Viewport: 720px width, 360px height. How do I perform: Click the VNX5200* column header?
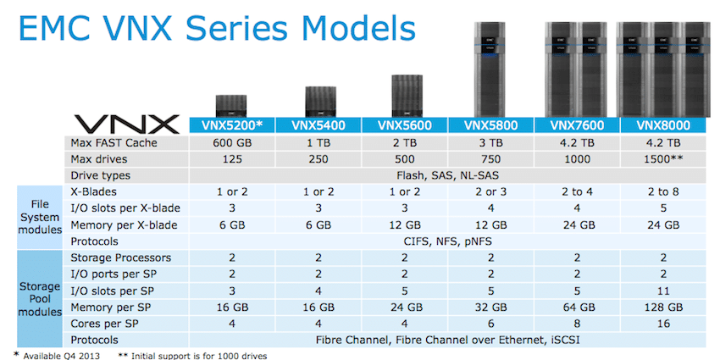pos(232,125)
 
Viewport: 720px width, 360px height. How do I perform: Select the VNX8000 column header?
pos(663,125)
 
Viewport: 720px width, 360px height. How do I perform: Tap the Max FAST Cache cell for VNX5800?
pos(490,143)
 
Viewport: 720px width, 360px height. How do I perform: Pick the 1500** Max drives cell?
pos(663,159)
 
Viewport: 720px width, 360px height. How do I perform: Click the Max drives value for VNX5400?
pos(318,159)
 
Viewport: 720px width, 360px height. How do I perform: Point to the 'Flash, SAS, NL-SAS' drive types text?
pos(448,175)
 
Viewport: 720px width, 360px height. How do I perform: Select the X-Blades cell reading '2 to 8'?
pos(663,192)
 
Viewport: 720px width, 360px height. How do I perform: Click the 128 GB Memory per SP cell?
pos(663,307)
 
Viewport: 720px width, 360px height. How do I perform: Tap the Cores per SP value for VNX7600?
pos(577,324)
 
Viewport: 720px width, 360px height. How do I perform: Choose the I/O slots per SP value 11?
pos(663,291)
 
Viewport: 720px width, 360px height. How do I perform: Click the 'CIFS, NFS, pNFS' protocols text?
pos(448,241)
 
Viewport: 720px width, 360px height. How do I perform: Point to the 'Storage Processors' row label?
pos(121,258)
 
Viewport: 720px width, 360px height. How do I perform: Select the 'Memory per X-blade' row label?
pos(124,225)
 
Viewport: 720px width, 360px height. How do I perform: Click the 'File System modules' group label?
pos(40,217)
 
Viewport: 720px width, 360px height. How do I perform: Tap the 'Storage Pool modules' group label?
pos(40,299)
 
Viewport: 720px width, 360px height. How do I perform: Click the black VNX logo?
pos(126,125)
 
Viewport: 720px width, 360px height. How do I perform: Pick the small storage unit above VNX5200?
pos(231,106)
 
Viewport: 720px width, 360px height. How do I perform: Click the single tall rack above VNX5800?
pos(490,69)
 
